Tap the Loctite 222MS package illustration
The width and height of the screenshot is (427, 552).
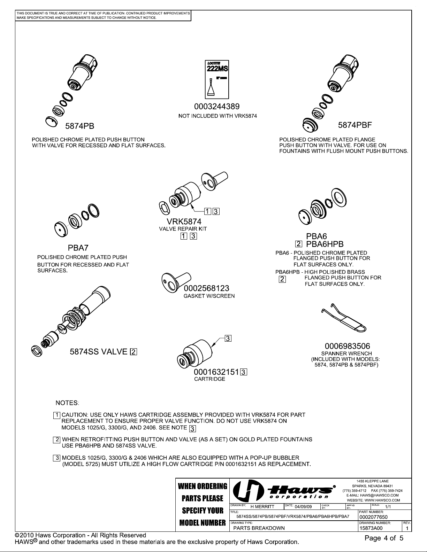pos(216,79)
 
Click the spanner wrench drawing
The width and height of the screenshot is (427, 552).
pos(343,319)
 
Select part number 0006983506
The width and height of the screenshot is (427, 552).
pos(347,346)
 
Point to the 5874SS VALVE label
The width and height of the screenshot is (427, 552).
pos(99,352)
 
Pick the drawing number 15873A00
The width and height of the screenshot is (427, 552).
pos(371,528)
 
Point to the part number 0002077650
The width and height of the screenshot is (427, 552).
pos(373,517)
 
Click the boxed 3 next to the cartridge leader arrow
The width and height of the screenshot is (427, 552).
pos(227,338)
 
